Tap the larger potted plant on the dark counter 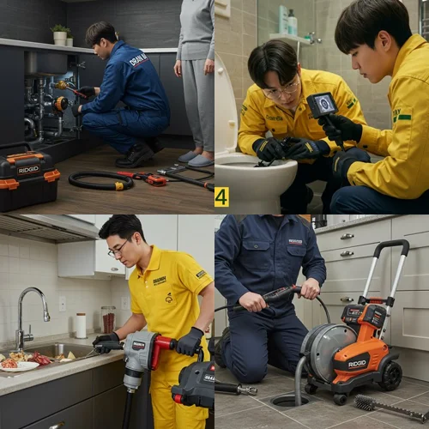pyautogui.click(x=59, y=34)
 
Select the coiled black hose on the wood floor pyautogui.click(x=100, y=180)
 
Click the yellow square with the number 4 pyautogui.click(x=221, y=197)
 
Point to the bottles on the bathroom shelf pyautogui.click(x=287, y=21)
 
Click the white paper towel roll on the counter pyautogui.click(x=80, y=325)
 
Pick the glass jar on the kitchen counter pyautogui.click(x=107, y=319)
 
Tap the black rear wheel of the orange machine pyautogui.click(x=393, y=375)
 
